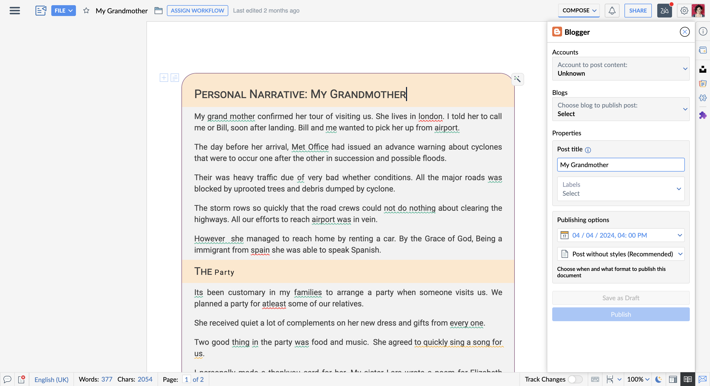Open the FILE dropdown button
(63, 10)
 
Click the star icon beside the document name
(86, 10)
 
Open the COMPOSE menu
(579, 10)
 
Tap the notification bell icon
(612, 10)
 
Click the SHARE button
(638, 10)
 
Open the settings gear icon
(684, 10)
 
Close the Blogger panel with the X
(685, 32)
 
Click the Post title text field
(621, 165)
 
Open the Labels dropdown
(621, 189)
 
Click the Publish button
(621, 314)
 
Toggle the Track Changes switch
(575, 379)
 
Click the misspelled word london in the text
(430, 116)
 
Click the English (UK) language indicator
(51, 379)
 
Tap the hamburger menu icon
(15, 10)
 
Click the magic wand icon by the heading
(517, 79)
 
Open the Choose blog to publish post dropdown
(621, 109)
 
